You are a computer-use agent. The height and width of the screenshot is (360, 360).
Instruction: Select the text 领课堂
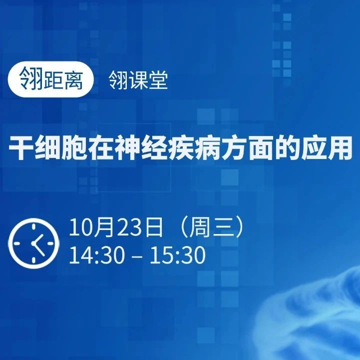138,79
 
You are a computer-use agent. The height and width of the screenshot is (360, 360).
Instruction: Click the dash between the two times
138,256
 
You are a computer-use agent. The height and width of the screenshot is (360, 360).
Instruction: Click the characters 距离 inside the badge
63,79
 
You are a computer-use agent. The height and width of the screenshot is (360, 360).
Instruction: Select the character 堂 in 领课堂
158,79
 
